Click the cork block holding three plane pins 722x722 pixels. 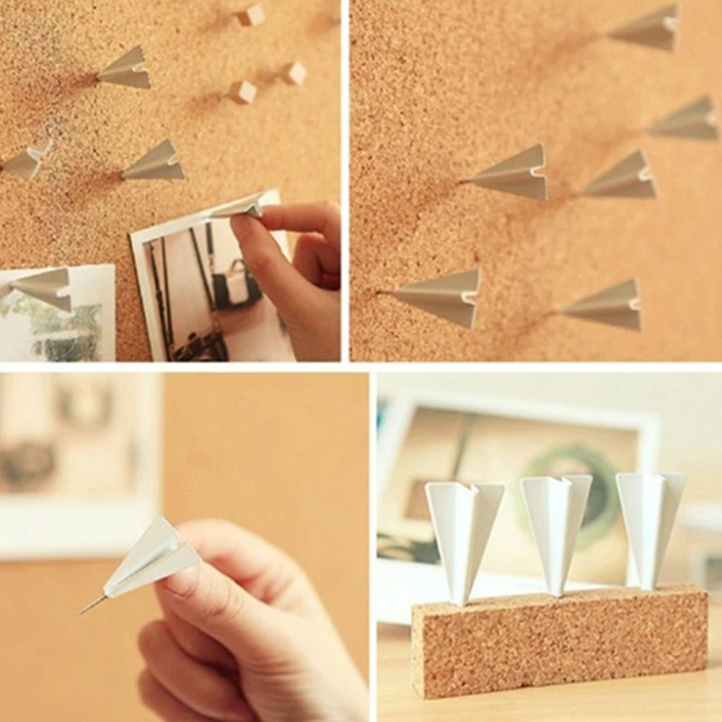558,642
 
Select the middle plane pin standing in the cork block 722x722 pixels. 555,527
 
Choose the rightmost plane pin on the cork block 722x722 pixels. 649,523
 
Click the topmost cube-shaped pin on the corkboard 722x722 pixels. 251,14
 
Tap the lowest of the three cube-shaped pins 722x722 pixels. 242,91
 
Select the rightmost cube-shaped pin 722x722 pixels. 294,72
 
